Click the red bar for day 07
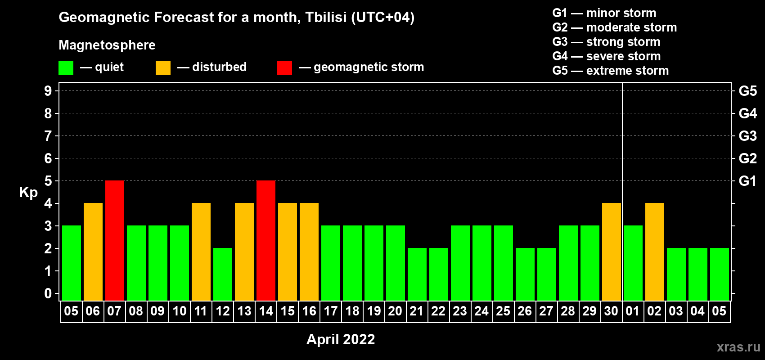click(x=115, y=240)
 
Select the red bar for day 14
click(x=266, y=240)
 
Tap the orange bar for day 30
click(x=612, y=252)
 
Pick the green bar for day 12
click(x=223, y=274)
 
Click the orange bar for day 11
click(x=201, y=252)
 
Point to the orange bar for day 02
click(x=655, y=252)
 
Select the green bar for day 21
click(x=417, y=274)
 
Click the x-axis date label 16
click(x=309, y=311)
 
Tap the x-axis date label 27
click(x=546, y=311)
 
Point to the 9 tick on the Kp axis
click(x=48, y=91)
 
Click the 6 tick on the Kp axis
click(x=48, y=158)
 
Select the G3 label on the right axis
click(x=748, y=136)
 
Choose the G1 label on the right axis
click(x=748, y=181)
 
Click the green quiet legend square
click(x=66, y=67)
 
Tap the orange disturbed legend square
click(x=163, y=67)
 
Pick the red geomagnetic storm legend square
click(x=284, y=67)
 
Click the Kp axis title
click(x=28, y=193)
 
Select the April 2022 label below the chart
click(x=341, y=339)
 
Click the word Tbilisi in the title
click(x=326, y=17)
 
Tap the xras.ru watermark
click(x=738, y=347)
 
